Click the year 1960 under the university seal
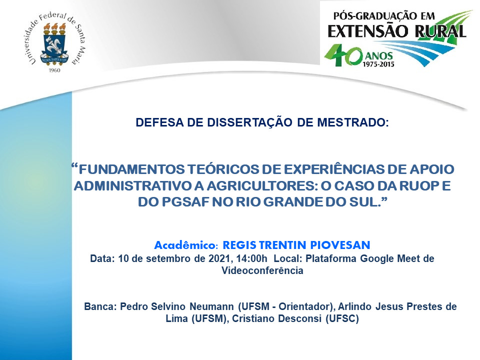pyautogui.click(x=54, y=70)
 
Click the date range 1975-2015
pyautogui.click(x=378, y=64)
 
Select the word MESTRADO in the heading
pyautogui.click(x=353, y=122)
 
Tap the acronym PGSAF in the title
pyautogui.click(x=185, y=202)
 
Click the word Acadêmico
pyautogui.click(x=186, y=245)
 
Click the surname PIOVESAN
pyautogui.click(x=340, y=245)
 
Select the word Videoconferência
pyautogui.click(x=262, y=270)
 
